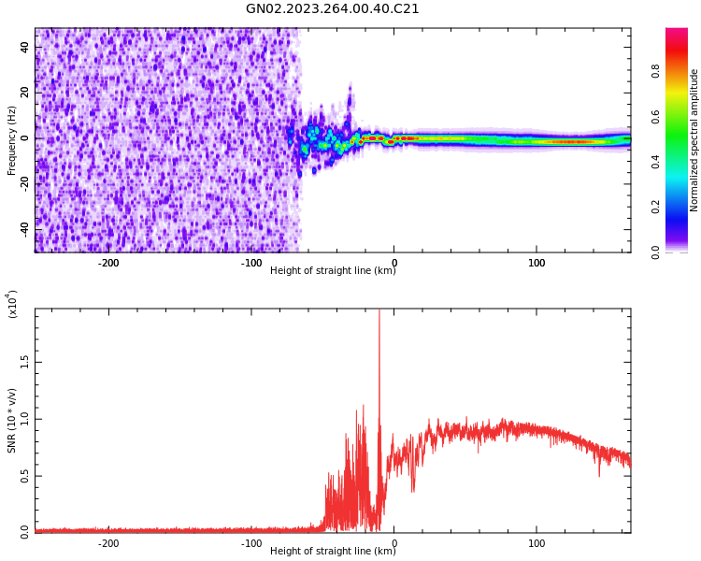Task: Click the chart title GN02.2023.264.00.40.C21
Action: (x=333, y=9)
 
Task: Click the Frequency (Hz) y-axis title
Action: (x=12, y=140)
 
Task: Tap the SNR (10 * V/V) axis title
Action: (x=12, y=421)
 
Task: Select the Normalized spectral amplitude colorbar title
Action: (x=694, y=140)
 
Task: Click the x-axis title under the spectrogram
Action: (x=333, y=271)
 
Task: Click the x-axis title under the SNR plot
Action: (x=333, y=552)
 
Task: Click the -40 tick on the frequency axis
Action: (x=22, y=228)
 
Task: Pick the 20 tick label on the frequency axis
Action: (x=24, y=93)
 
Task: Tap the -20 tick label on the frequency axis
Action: (x=22, y=183)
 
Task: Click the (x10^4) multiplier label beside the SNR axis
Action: (x=12, y=305)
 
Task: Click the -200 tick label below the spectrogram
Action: (x=108, y=263)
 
